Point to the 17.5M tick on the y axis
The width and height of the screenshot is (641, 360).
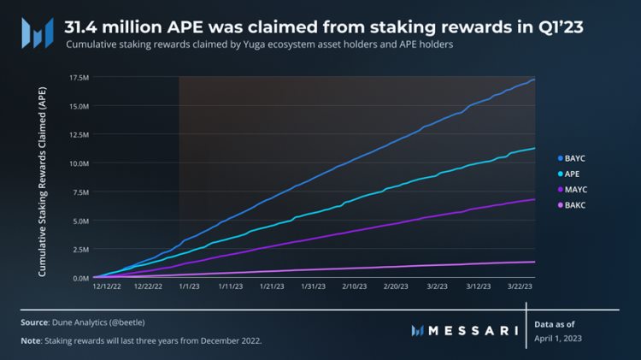79,78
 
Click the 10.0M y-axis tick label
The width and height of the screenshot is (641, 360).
79,163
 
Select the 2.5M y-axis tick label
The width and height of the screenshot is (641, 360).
80,250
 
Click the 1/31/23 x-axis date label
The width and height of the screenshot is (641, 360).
313,289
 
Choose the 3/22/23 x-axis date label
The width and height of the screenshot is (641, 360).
521,289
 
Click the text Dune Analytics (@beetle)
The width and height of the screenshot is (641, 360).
97,322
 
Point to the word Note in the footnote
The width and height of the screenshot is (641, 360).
32,341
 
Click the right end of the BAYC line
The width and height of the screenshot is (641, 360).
534,80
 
